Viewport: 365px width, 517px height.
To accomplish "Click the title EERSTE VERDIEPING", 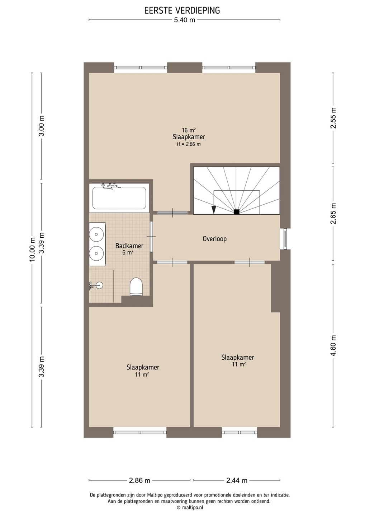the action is [182, 10].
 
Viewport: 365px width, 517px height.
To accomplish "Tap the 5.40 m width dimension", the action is [185, 20].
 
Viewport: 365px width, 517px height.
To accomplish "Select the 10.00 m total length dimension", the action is [32, 250].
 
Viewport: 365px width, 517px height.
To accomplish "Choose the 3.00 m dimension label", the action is [42, 126].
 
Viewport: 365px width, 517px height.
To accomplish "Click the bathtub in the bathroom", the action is [119, 197].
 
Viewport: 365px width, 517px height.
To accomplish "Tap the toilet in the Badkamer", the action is [136, 287].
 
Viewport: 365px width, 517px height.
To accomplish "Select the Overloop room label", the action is [214, 239].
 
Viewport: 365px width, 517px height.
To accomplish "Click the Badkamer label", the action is [129, 246].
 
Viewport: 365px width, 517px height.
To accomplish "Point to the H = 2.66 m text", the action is [189, 144].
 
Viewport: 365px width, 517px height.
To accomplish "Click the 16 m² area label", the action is [189, 130].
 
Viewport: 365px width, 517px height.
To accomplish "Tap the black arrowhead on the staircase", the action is [214, 210].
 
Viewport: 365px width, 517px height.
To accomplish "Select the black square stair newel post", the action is [236, 212].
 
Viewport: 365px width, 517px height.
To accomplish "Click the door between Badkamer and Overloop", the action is [151, 237].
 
